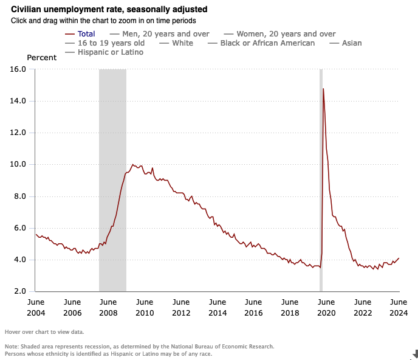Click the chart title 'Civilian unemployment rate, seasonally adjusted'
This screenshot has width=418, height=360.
[x=109, y=9]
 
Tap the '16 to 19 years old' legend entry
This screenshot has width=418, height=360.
[x=111, y=43]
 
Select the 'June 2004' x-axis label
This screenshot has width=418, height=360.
[x=35, y=308]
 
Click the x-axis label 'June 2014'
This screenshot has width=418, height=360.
[x=217, y=308]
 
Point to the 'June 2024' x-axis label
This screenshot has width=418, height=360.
[x=399, y=308]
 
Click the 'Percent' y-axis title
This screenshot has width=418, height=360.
[x=42, y=58]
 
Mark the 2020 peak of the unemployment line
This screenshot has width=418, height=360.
[x=323, y=89]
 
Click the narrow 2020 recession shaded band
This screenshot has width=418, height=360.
[x=321, y=182]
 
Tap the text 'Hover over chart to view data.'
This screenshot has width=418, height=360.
[x=44, y=332]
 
